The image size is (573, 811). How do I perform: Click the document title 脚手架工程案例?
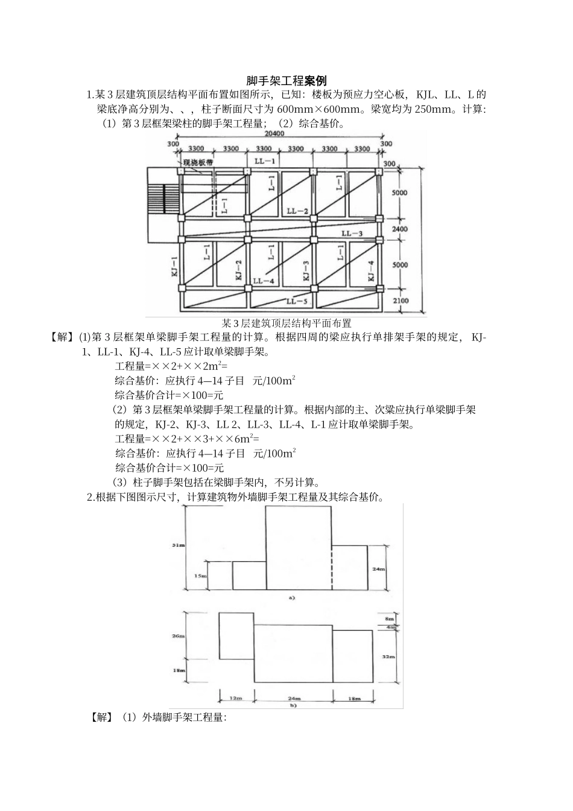[286, 81]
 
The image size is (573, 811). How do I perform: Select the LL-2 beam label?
[297, 211]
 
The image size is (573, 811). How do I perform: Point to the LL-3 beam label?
[352, 233]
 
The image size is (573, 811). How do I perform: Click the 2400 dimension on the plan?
[399, 229]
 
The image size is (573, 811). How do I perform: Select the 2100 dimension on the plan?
[400, 301]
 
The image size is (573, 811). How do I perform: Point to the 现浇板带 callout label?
[200, 162]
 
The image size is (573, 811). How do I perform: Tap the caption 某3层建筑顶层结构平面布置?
[286, 323]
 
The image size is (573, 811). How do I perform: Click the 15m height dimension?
[198, 576]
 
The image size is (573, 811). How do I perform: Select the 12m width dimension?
[235, 698]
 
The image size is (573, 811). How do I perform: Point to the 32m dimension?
[390, 656]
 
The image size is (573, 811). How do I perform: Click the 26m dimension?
[178, 636]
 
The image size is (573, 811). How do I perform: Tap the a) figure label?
[292, 598]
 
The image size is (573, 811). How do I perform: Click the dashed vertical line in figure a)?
[331, 567]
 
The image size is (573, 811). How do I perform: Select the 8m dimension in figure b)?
[390, 619]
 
